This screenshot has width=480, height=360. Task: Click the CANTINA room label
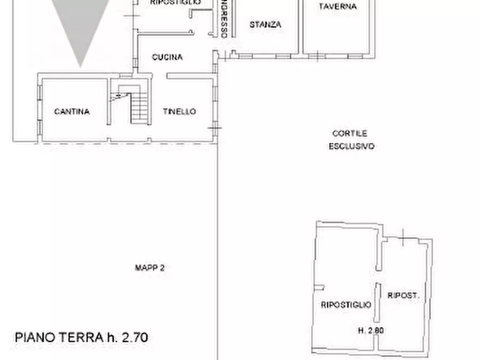click(x=71, y=112)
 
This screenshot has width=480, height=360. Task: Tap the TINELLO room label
click(x=180, y=112)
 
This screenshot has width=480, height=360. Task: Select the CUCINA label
click(x=167, y=57)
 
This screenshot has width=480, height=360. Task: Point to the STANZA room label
click(x=266, y=25)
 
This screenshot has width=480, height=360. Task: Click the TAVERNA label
click(x=337, y=6)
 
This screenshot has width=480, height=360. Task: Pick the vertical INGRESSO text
click(x=223, y=19)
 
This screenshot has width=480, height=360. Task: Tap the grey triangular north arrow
click(x=81, y=27)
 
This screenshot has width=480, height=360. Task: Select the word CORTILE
click(x=349, y=133)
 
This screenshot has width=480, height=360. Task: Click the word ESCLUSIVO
click(x=352, y=146)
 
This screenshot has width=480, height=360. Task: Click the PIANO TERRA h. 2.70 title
click(x=81, y=337)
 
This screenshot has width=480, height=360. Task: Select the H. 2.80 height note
click(x=371, y=331)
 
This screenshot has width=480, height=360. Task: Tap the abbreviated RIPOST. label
click(x=403, y=296)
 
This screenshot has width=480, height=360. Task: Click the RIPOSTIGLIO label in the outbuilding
click(x=346, y=305)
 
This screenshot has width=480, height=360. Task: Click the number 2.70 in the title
click(x=133, y=337)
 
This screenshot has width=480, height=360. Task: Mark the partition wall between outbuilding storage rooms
click(x=378, y=304)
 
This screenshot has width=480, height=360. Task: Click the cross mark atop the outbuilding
click(x=404, y=235)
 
